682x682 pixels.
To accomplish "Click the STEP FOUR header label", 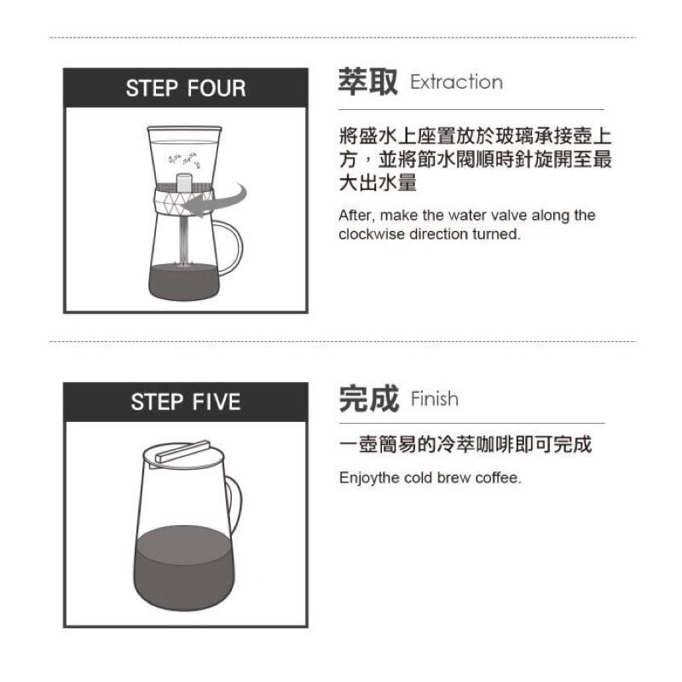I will click(x=185, y=88).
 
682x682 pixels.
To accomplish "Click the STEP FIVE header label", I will click(x=185, y=402).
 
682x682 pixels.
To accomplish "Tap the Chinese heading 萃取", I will click(x=368, y=83).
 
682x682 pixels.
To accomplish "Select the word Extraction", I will click(x=456, y=83).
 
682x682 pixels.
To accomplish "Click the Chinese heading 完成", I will click(x=368, y=398).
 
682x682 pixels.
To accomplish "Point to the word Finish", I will click(x=434, y=399).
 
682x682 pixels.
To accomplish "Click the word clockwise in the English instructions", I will click(x=367, y=234).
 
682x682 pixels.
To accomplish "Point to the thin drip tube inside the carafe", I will click(x=183, y=239).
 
